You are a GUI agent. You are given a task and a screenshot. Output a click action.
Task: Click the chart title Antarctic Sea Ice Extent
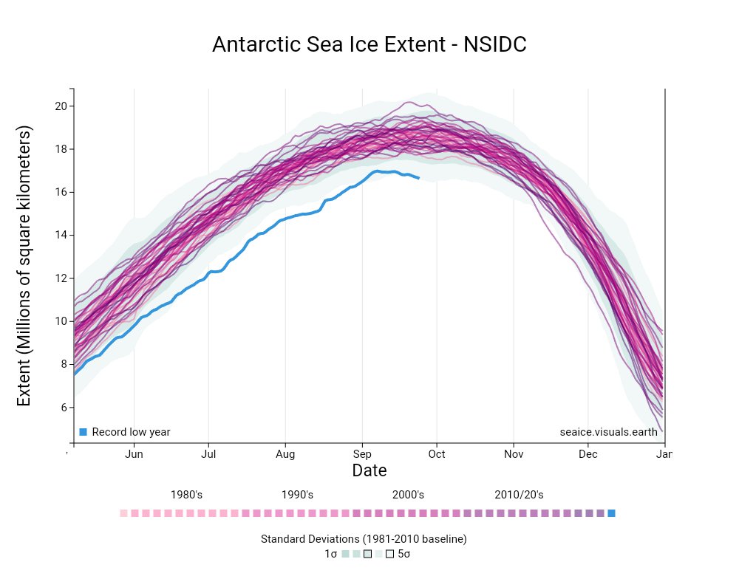pyautogui.click(x=369, y=44)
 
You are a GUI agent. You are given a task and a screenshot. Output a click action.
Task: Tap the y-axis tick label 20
pyautogui.click(x=61, y=106)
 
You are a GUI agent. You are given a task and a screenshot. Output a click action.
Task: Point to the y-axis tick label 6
pyautogui.click(x=64, y=407)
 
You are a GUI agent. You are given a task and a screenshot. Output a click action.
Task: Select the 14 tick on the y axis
pyautogui.click(x=61, y=235)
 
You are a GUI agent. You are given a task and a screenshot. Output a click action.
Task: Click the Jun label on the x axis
pyautogui.click(x=134, y=454)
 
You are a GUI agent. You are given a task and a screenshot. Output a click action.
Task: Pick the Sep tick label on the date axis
pyautogui.click(x=361, y=454)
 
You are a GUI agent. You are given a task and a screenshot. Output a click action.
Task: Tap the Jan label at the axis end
pyautogui.click(x=664, y=454)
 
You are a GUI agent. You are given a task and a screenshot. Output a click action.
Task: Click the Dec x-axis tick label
pyautogui.click(x=588, y=454)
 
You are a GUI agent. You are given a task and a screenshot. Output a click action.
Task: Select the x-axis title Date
pyautogui.click(x=369, y=470)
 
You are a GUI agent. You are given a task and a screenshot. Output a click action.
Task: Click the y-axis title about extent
pyautogui.click(x=24, y=266)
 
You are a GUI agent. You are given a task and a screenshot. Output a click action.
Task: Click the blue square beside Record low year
pyautogui.click(x=83, y=432)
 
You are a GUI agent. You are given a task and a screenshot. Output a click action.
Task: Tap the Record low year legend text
pyautogui.click(x=131, y=432)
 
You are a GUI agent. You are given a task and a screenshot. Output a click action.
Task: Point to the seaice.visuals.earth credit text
pyautogui.click(x=608, y=432)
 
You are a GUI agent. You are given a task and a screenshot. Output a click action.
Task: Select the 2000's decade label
pyautogui.click(x=408, y=495)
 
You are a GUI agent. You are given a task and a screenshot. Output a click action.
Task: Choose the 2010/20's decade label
pyautogui.click(x=519, y=495)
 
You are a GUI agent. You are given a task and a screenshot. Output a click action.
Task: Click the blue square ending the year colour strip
pyautogui.click(x=611, y=513)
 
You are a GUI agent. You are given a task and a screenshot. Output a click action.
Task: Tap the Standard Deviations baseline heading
pyautogui.click(x=364, y=539)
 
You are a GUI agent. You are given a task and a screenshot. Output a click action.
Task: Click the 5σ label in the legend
pyautogui.click(x=404, y=554)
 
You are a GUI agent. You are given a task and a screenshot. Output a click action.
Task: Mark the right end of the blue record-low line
pyautogui.click(x=419, y=178)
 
